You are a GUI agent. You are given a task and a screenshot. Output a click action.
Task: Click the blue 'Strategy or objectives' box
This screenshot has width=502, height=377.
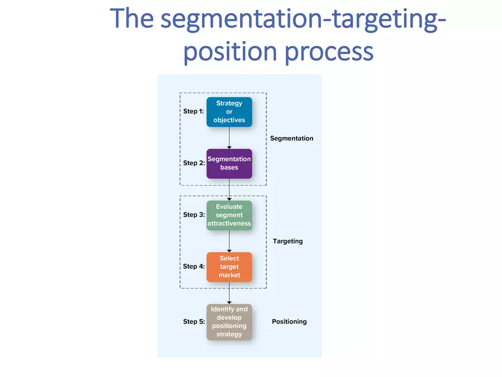click(x=229, y=112)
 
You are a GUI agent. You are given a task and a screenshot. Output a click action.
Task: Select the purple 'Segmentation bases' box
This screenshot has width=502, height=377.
click(x=229, y=163)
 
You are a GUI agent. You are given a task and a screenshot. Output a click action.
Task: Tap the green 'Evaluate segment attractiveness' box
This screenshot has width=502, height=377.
click(x=229, y=215)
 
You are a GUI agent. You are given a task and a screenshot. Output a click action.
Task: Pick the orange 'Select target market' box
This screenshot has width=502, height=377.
click(x=229, y=267)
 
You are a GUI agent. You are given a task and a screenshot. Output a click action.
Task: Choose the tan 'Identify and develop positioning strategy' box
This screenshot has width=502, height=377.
click(x=229, y=322)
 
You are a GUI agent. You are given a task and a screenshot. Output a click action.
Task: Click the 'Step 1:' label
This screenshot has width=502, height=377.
click(x=193, y=111)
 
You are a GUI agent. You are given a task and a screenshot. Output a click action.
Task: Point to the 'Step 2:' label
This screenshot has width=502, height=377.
click(x=193, y=163)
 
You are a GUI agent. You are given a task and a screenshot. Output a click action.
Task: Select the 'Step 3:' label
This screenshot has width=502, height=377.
click(x=193, y=215)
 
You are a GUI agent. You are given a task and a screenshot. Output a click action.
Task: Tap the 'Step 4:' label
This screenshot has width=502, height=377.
click(x=193, y=267)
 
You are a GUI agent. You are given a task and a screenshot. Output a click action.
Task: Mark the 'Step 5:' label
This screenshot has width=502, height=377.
click(x=193, y=322)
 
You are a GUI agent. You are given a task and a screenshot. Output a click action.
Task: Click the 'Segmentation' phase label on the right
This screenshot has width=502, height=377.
click(x=292, y=138)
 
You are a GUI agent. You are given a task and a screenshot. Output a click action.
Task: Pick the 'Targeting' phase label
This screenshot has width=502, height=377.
click(x=288, y=241)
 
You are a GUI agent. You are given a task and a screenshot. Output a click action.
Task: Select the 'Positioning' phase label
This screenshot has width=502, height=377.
click(x=289, y=322)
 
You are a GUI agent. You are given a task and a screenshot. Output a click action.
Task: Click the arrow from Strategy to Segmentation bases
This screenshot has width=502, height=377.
click(x=229, y=138)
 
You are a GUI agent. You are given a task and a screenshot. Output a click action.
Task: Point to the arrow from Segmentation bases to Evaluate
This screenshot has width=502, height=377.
click(x=229, y=189)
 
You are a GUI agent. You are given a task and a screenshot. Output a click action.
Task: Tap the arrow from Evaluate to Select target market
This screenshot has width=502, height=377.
click(x=229, y=241)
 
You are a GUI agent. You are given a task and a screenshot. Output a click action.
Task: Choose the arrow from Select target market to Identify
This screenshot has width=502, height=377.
click(x=229, y=293)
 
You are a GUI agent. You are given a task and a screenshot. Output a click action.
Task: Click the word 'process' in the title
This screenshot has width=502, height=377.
click(x=329, y=51)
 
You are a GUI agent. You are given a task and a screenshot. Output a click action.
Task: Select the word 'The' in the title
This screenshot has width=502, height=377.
click(x=132, y=18)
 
